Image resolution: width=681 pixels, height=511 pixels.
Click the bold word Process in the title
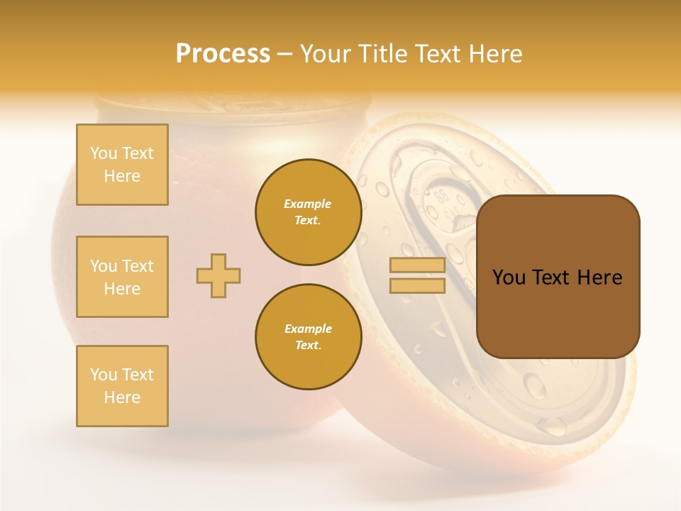click(223, 54)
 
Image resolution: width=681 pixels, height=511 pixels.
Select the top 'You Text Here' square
click(122, 165)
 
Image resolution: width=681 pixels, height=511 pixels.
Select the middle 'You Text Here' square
click(122, 277)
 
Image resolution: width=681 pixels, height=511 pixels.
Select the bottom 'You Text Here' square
click(122, 386)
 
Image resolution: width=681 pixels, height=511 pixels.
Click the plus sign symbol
click(218, 275)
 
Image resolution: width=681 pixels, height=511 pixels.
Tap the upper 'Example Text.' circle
click(308, 211)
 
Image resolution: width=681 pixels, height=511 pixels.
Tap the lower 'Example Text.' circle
click(308, 336)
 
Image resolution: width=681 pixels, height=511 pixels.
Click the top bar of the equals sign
click(417, 265)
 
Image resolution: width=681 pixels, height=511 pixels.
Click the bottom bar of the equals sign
click(417, 285)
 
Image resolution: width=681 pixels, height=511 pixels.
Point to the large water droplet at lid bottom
click(535, 385)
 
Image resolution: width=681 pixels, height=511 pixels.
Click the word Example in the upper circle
click(308, 204)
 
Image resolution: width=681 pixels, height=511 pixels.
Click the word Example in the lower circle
click(308, 329)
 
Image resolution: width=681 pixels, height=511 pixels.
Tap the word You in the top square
click(104, 153)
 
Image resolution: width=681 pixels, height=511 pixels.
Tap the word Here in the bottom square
click(122, 397)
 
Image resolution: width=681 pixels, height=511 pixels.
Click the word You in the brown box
click(509, 278)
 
